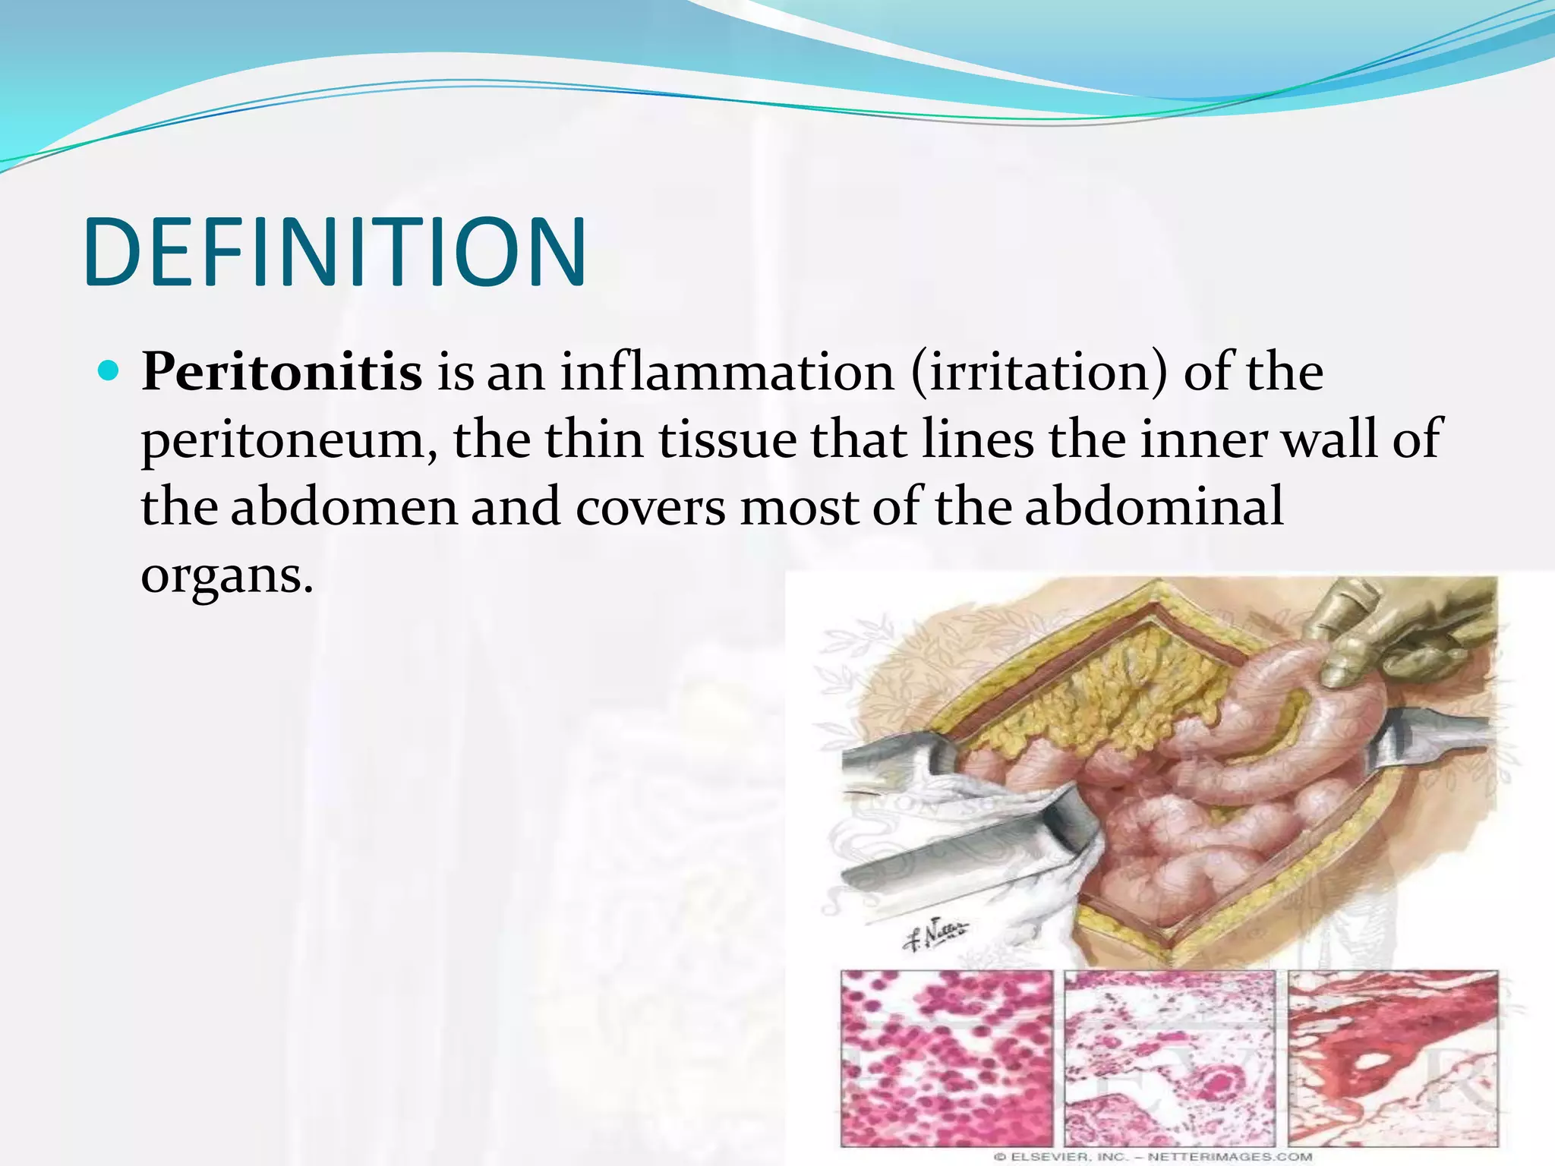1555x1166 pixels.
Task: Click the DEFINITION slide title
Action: coord(335,252)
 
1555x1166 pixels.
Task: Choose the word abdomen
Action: coord(343,506)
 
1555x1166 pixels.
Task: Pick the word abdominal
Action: coord(1154,506)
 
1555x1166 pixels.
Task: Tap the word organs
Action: coord(226,575)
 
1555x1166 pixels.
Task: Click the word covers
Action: coord(650,506)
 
